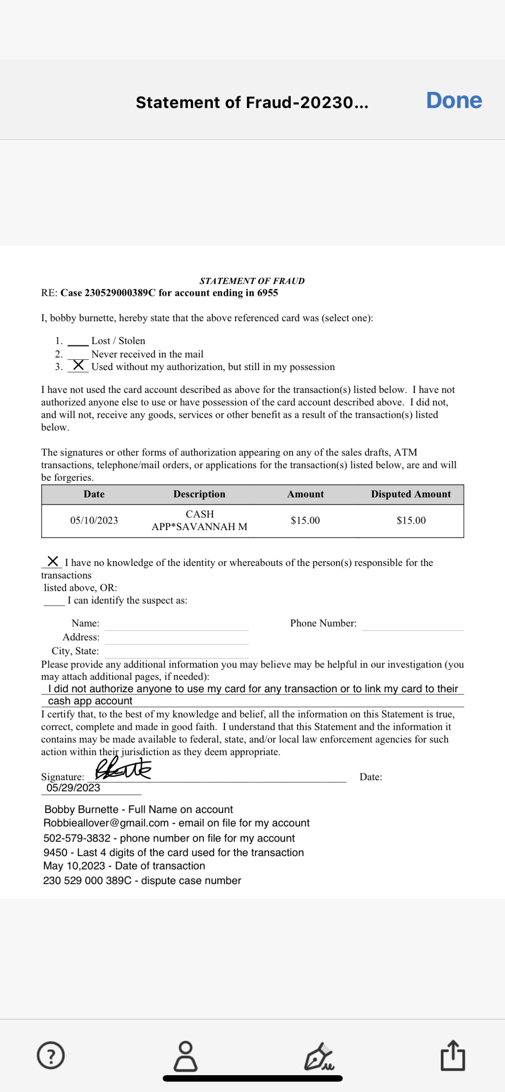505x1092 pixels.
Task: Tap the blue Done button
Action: click(x=454, y=100)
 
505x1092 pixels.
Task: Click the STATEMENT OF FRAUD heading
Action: click(x=252, y=281)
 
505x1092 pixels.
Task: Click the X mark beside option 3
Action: click(x=78, y=365)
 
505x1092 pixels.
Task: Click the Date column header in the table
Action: click(x=94, y=494)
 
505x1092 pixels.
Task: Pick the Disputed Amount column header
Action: click(x=410, y=494)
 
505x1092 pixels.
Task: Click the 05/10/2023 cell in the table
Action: click(x=94, y=521)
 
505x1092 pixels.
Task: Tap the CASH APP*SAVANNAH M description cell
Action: click(x=199, y=521)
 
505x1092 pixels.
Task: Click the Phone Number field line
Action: click(x=413, y=626)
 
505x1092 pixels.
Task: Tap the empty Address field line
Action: click(x=177, y=640)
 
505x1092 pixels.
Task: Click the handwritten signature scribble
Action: click(x=123, y=769)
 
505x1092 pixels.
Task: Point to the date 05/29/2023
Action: click(x=73, y=788)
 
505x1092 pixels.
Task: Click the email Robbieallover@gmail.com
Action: click(x=106, y=823)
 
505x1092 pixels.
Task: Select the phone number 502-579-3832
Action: click(x=77, y=838)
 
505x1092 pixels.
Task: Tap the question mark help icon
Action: click(x=51, y=1055)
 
